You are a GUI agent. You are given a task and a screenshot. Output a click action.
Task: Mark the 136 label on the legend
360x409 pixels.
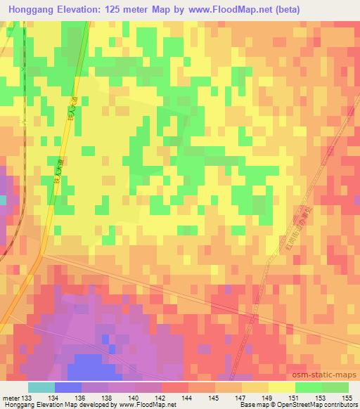click(x=82, y=397)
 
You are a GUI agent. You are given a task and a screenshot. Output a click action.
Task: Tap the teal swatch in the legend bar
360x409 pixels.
click(x=41, y=387)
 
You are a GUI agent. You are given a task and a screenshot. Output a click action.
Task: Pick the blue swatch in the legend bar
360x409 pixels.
click(x=68, y=387)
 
